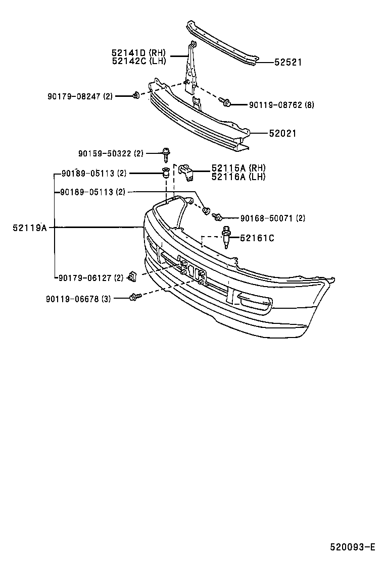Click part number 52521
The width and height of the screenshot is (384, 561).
tap(288, 63)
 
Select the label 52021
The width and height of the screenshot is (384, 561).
tap(282, 134)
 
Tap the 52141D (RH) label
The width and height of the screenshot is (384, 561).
tap(138, 52)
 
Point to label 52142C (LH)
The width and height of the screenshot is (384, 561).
tap(138, 61)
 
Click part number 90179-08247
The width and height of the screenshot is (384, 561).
tap(73, 96)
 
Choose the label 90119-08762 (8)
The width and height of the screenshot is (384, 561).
tap(281, 105)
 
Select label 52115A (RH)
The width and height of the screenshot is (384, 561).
tap(238, 168)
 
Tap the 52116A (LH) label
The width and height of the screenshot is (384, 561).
tap(238, 177)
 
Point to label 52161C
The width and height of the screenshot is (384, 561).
tap(257, 238)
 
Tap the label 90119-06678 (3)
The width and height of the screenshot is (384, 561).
tap(78, 299)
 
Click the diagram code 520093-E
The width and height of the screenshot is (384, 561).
tap(353, 547)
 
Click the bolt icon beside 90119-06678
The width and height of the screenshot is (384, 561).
tap(134, 297)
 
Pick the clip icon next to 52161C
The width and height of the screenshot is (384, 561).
tap(227, 239)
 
